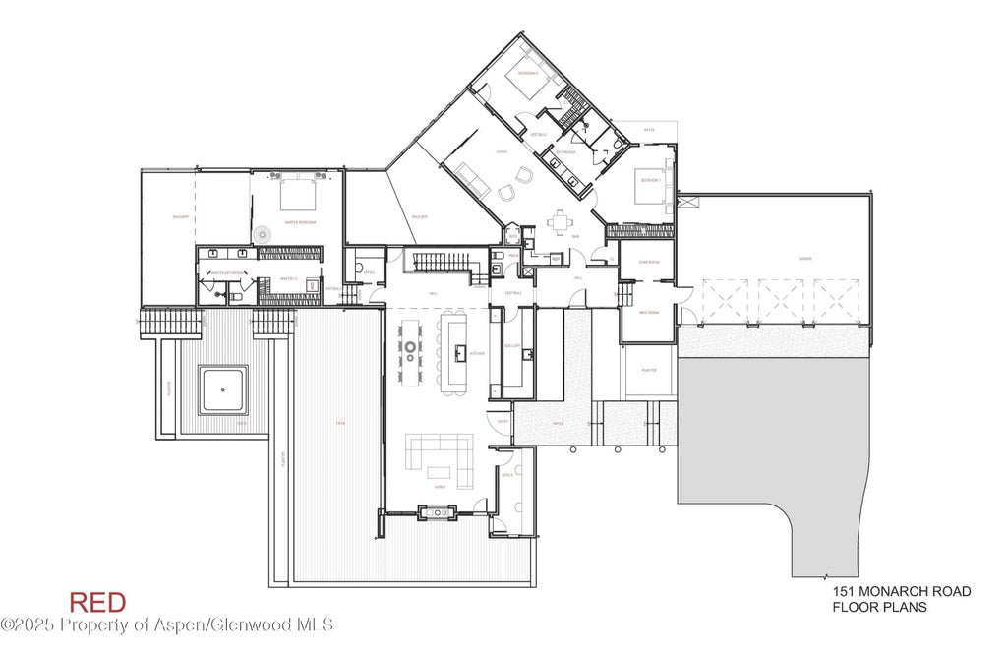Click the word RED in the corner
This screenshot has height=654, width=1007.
[97, 602]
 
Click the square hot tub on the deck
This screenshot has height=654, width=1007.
[223, 389]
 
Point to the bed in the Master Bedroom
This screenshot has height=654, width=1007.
[298, 195]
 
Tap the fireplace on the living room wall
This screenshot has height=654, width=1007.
[435, 510]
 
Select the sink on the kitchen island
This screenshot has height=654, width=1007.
[458, 351]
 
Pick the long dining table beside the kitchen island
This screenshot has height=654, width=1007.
[408, 348]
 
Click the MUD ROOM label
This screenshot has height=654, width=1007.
[647, 311]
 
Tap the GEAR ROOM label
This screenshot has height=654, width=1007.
[647, 263]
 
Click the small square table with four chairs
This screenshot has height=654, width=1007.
[561, 222]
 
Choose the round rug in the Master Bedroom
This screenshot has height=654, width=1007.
[263, 234]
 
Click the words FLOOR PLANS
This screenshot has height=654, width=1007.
[880, 607]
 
